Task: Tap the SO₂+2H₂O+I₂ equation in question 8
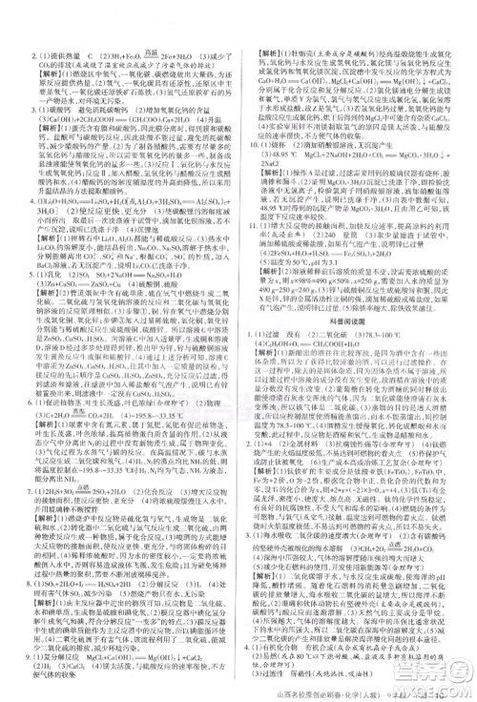105,537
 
